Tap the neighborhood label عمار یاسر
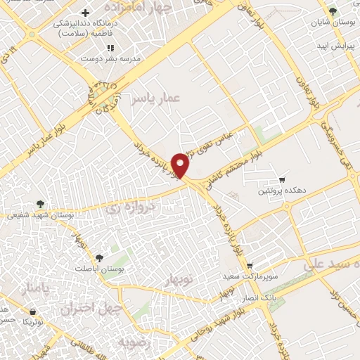click(153, 100)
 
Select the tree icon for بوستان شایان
click(333, 12)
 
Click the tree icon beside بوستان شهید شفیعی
click(41, 204)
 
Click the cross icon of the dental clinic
click(85, 13)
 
